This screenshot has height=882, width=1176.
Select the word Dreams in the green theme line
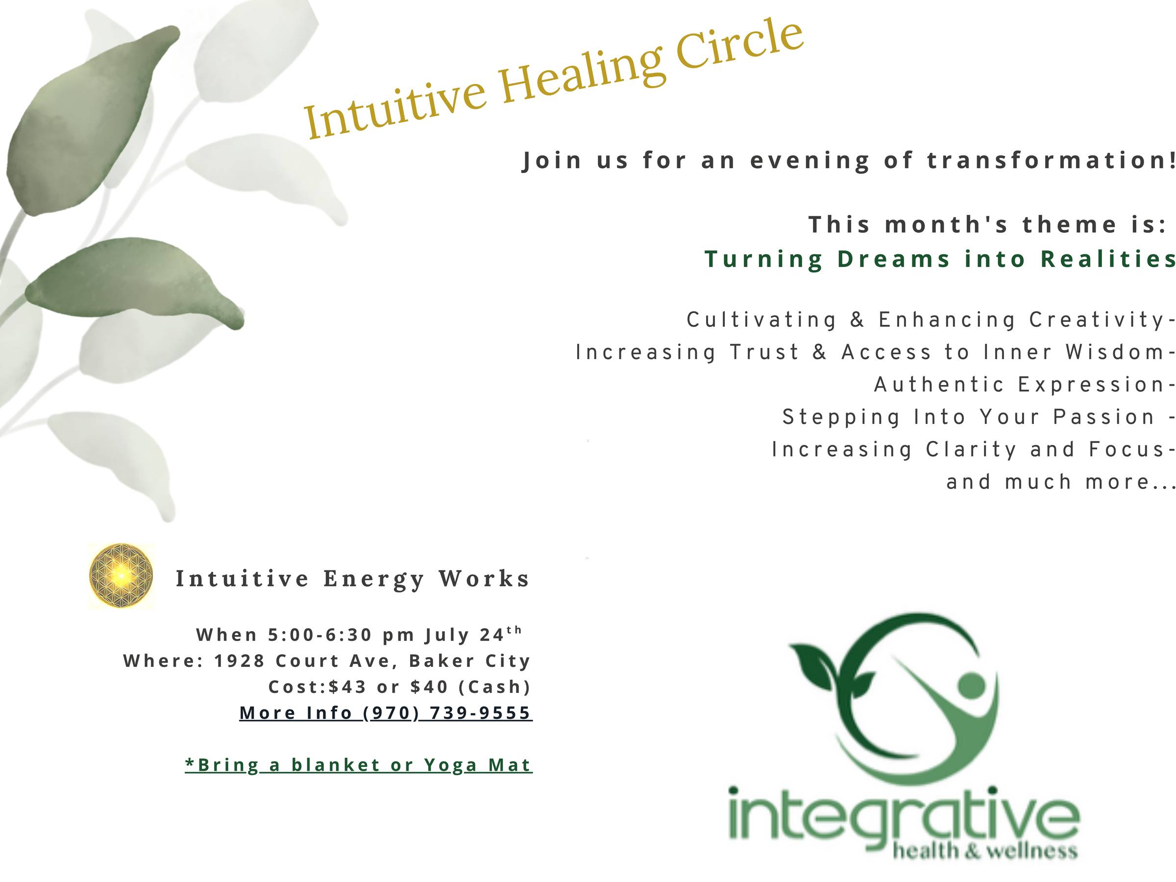pos(894,259)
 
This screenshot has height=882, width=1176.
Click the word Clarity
pos(971,450)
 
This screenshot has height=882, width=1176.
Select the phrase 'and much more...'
pos(1060,482)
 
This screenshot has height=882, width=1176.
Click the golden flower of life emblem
pos(121,576)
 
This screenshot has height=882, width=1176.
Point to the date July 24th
pos(473,634)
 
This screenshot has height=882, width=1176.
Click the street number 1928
pos(239,661)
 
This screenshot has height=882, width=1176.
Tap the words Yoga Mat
pos(478,765)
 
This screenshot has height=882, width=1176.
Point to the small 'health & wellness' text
pos(985,851)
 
